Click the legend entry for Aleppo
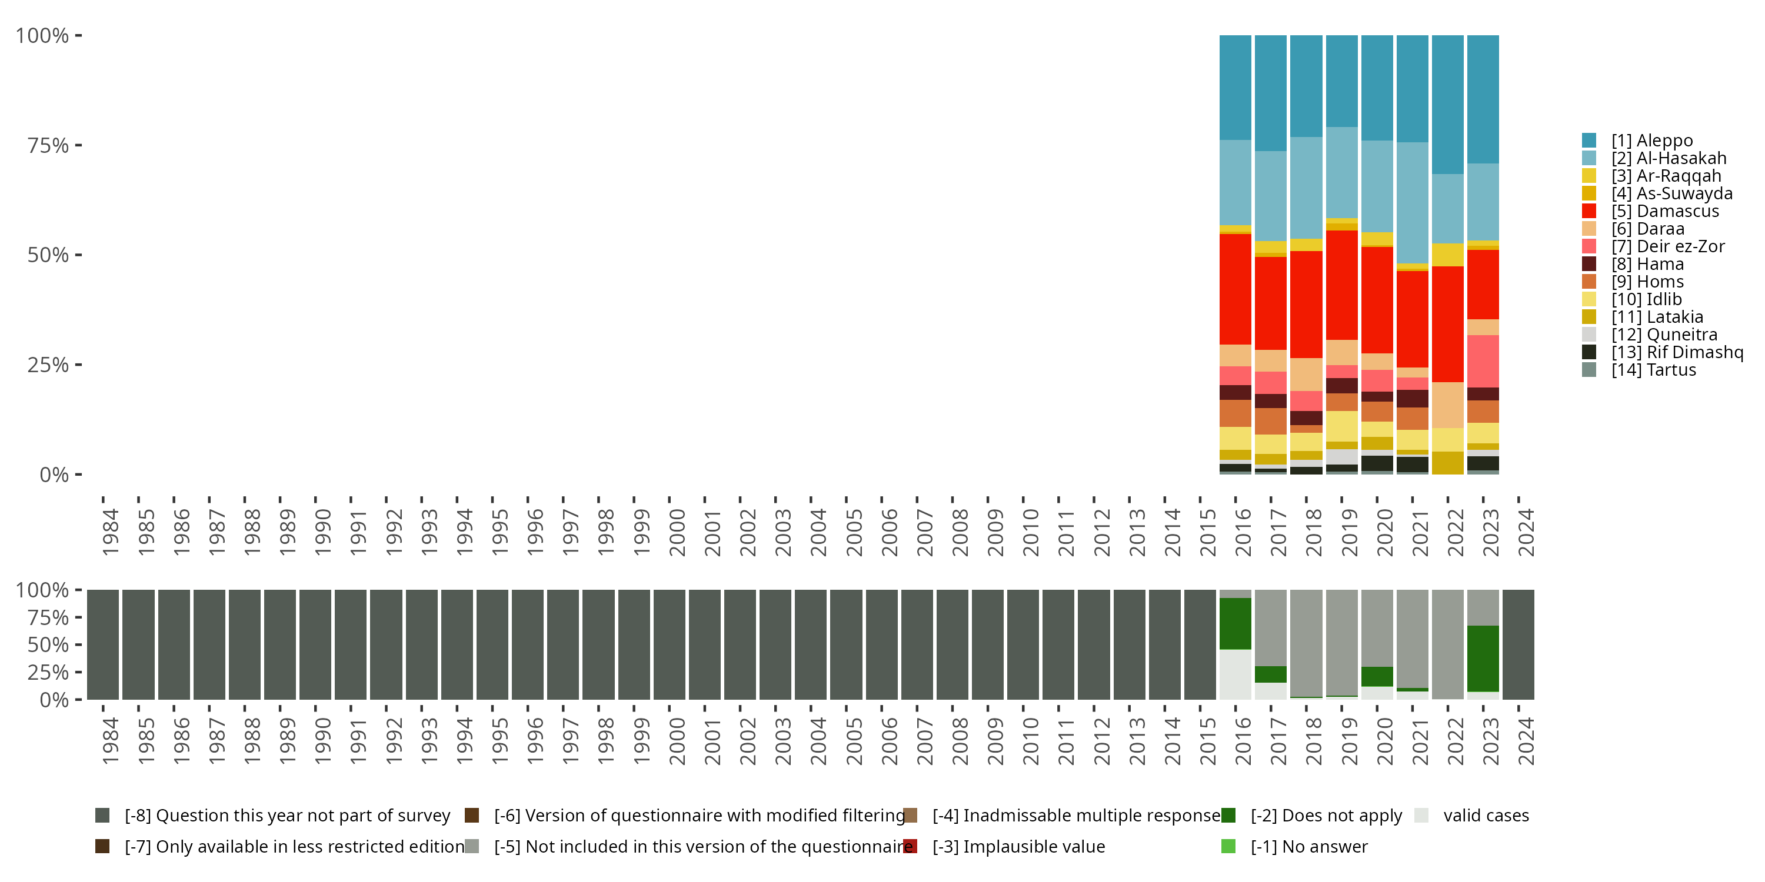(1651, 141)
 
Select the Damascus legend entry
(1664, 211)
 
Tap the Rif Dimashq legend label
(1677, 352)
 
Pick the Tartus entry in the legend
(1653, 370)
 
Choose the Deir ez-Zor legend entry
(1668, 246)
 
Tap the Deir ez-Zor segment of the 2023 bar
(1483, 361)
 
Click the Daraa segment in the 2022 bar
(1447, 405)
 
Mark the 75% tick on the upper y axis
(78, 145)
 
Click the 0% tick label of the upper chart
(54, 475)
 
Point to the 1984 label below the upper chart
(109, 532)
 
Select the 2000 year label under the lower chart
(676, 741)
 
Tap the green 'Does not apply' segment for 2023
(1483, 658)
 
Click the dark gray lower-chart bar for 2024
(1518, 644)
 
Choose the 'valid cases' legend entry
(1486, 816)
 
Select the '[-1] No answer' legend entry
(1308, 847)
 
